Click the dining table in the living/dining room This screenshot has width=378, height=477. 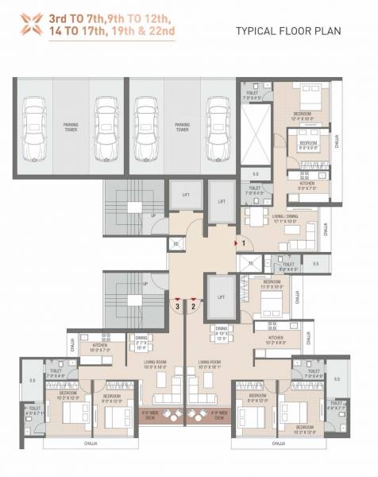pos(254,215)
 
